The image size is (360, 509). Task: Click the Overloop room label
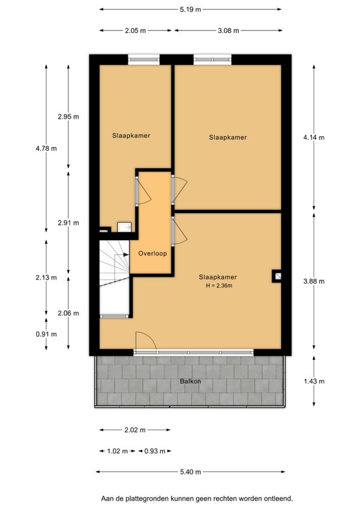point(152,253)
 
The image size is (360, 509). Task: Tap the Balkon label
point(190,381)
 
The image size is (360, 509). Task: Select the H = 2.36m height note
point(219,286)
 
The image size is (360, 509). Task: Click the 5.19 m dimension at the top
point(190,10)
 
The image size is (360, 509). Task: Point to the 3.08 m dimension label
point(228,31)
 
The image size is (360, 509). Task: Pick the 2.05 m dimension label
point(136,31)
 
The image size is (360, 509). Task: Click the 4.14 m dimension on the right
point(314,137)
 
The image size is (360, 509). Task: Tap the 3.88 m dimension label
point(314,282)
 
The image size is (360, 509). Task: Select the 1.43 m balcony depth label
point(314,381)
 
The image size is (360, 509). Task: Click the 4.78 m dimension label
point(46,149)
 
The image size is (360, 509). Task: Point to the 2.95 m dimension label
point(68,116)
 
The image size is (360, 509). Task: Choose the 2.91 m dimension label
point(68,223)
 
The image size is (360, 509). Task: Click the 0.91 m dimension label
point(46,334)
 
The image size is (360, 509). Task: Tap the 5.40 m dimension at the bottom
point(190,472)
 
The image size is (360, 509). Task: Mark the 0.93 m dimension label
point(155,451)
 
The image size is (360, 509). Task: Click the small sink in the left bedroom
point(124,227)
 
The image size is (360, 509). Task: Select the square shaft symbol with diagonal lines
point(277,276)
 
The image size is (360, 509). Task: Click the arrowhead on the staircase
point(126,255)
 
